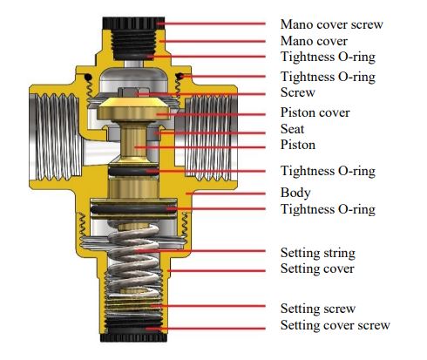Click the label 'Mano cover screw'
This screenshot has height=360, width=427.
click(x=332, y=24)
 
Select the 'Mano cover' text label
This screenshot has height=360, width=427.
click(x=314, y=41)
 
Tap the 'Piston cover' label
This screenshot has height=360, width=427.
click(x=315, y=112)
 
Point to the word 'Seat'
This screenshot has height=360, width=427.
click(x=292, y=129)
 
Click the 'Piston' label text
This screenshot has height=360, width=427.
click(x=298, y=145)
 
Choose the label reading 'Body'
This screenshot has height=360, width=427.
click(x=295, y=193)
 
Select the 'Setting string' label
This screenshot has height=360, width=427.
click(x=318, y=253)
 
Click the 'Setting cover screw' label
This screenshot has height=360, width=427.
click(x=335, y=325)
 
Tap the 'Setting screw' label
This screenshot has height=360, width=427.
click(x=318, y=309)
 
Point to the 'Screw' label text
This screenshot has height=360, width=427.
click(x=298, y=92)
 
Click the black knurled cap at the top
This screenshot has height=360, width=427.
click(x=133, y=23)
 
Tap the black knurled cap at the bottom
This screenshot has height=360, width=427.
click(x=133, y=337)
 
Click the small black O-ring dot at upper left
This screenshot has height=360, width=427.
click(x=88, y=78)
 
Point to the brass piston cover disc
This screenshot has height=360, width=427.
click(x=133, y=109)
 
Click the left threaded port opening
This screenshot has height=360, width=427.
click(x=55, y=136)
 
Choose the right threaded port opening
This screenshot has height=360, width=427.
click(x=210, y=137)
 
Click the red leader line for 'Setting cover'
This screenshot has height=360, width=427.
click(x=217, y=271)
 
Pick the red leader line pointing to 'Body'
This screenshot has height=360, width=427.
click(x=226, y=194)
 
